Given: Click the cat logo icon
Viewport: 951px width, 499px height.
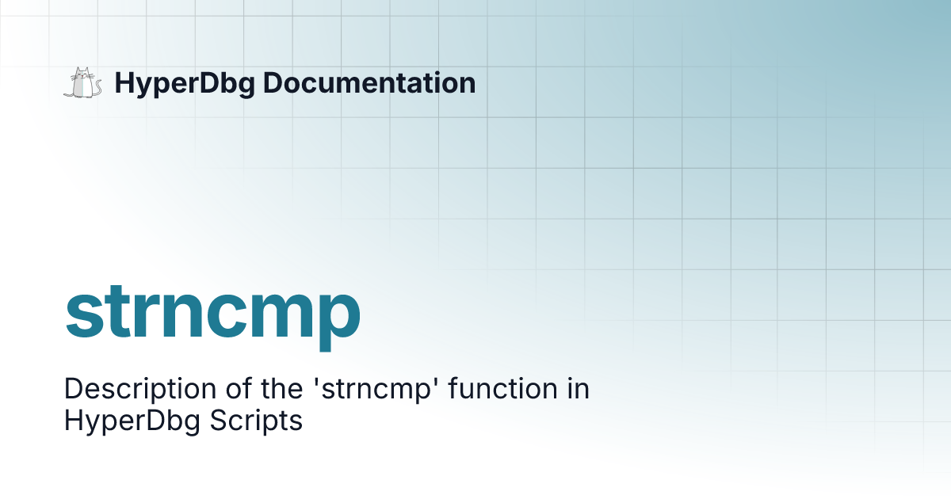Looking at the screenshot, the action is [x=82, y=82].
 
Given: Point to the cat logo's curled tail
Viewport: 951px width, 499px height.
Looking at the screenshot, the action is [x=97, y=88].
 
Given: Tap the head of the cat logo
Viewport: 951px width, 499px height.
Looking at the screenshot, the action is [x=82, y=74].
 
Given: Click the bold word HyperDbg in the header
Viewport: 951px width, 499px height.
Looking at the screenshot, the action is [x=185, y=84].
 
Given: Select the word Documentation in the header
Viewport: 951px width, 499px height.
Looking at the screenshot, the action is [x=369, y=82].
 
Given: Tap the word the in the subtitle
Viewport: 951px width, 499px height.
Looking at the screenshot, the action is [x=281, y=388].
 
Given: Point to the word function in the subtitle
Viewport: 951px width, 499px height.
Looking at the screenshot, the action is [x=503, y=388].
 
